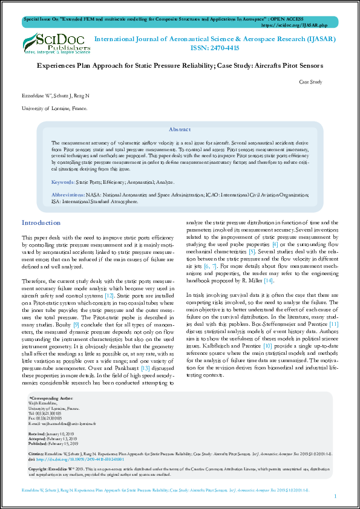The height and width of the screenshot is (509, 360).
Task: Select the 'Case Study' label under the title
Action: (x=311, y=82)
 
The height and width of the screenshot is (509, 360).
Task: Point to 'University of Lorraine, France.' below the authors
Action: (x=54, y=109)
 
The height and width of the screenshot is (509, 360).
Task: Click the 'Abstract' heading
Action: (x=180, y=130)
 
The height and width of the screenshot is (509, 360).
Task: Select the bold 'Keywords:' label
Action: (x=62, y=182)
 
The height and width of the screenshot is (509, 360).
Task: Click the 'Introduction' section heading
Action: (x=42, y=223)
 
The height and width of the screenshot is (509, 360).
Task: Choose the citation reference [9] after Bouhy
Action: (x=76, y=325)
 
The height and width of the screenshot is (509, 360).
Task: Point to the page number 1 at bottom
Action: (x=335, y=496)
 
